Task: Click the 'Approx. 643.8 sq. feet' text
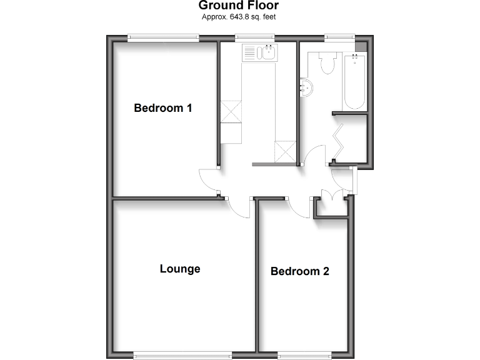pos(239,17)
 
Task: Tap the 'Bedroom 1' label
pos(162,108)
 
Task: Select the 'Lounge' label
pos(180,269)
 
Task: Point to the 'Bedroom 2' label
pos(299,271)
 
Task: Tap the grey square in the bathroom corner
pos(361,47)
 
